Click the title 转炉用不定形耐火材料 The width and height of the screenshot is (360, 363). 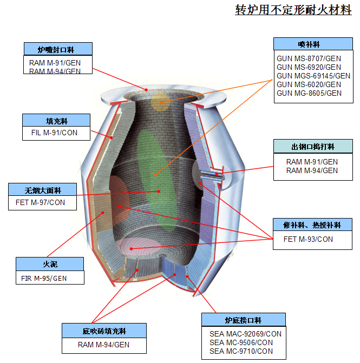293,10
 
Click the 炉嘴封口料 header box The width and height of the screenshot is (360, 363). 58,49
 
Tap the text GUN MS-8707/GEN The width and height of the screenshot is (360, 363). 309,58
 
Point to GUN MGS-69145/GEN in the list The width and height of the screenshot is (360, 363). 313,76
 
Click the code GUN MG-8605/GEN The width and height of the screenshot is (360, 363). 309,93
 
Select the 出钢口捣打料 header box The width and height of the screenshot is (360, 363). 312,147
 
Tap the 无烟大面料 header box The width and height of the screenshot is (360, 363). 43,190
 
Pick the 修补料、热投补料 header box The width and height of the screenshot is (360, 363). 312,225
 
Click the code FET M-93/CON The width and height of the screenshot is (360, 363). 308,239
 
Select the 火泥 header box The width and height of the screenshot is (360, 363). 50,264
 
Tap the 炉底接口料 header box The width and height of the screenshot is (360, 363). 243,320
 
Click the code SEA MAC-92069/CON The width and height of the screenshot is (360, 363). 245,334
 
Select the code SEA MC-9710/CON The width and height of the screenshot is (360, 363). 241,351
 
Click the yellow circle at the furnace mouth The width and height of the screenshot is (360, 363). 160,101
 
